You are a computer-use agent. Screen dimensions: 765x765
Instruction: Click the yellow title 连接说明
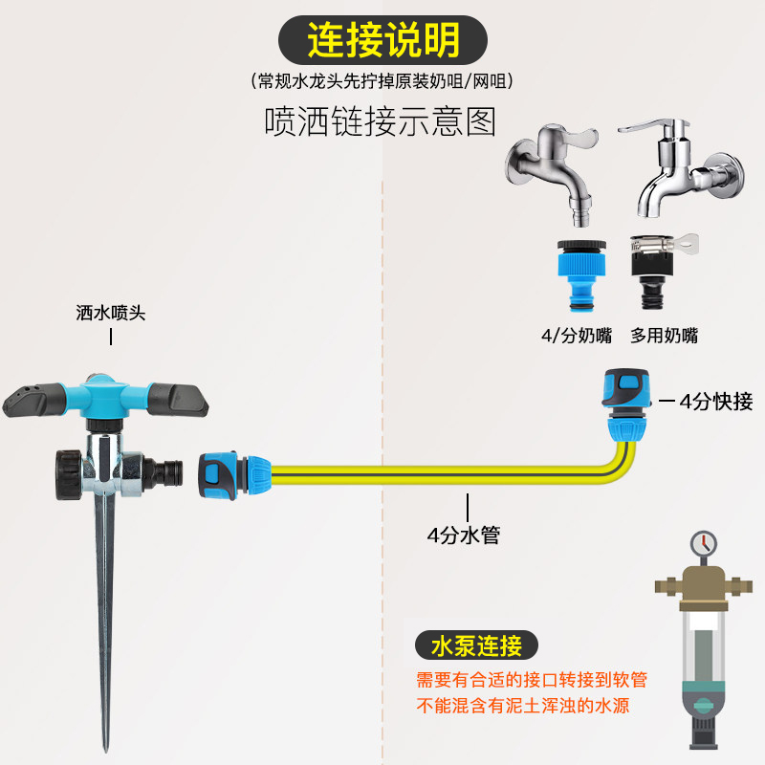pyautogui.click(x=382, y=41)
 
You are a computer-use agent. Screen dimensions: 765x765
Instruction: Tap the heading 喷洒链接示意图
pyautogui.click(x=381, y=121)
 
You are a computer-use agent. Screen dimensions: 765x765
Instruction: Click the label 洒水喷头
pyautogui.click(x=111, y=313)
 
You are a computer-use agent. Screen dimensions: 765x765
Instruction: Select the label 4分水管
pyautogui.click(x=464, y=535)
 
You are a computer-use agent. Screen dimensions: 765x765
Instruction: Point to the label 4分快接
pyautogui.click(x=716, y=402)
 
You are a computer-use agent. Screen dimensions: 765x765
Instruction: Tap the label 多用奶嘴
pyautogui.click(x=664, y=336)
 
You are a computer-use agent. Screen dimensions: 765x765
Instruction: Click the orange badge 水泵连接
pyautogui.click(x=475, y=645)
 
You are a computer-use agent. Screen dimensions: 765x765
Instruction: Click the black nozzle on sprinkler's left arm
pyautogui.click(x=28, y=401)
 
